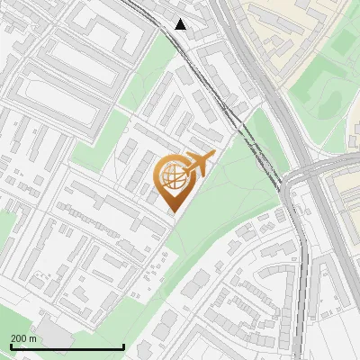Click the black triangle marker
click(181, 24)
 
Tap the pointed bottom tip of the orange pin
click(171, 212)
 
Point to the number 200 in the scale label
click(20, 338)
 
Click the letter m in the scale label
click(33, 338)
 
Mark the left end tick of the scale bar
click(10, 346)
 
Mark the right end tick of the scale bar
click(123, 346)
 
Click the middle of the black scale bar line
click(67, 347)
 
